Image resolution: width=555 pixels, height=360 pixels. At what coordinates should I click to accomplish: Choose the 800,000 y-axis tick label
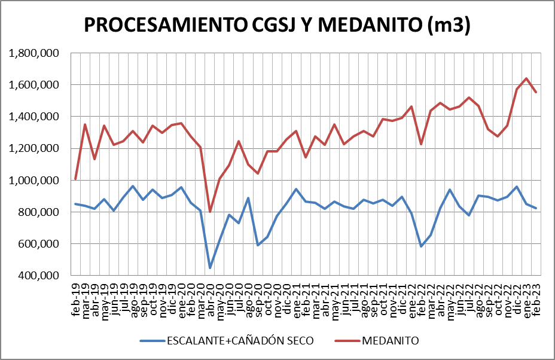39,212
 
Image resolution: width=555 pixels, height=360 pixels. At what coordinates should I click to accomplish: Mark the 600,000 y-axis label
39,243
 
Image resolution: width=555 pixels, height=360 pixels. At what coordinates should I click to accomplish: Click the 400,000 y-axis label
39,275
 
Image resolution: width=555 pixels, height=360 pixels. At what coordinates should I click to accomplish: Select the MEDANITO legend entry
389,340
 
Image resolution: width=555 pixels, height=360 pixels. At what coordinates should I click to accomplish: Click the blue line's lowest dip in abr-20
210,267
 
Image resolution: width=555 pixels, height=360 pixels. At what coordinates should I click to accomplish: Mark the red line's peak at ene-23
526,78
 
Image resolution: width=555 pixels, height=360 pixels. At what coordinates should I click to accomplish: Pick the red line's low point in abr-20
210,211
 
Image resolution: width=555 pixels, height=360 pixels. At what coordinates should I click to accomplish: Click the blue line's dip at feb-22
421,246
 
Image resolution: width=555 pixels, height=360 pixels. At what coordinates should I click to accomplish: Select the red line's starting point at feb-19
75,179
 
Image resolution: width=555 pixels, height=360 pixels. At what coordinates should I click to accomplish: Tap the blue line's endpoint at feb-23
536,208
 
